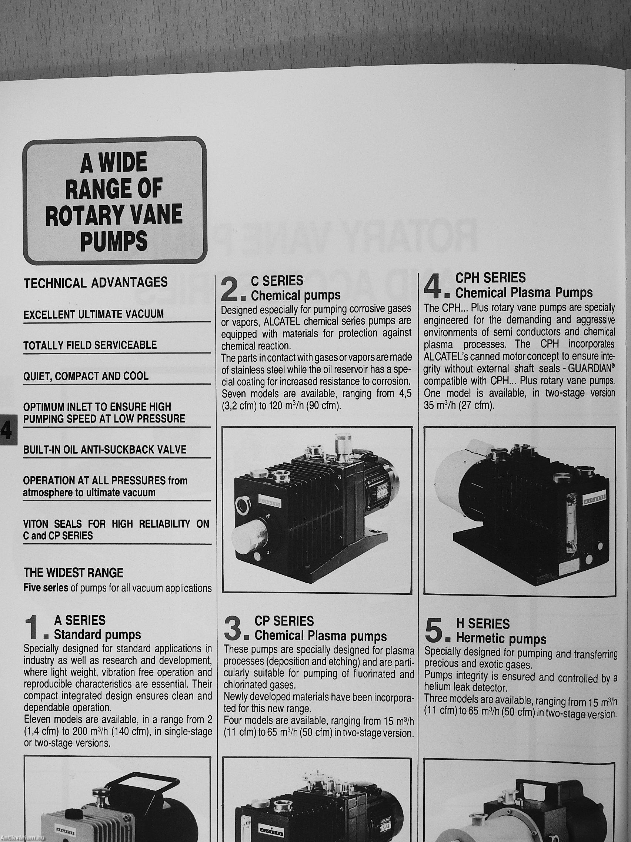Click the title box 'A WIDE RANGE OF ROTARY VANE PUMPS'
pos(115,200)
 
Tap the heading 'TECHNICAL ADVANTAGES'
pos(96,282)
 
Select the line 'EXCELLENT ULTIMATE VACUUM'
pos(94,314)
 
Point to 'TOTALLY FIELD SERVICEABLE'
pos(90,345)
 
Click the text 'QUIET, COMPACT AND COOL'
pos(86,377)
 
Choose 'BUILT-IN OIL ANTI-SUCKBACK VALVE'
pos(104,450)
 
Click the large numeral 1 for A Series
pos(32,627)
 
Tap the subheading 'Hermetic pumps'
pos(501,639)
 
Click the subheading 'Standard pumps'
pos(97,634)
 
